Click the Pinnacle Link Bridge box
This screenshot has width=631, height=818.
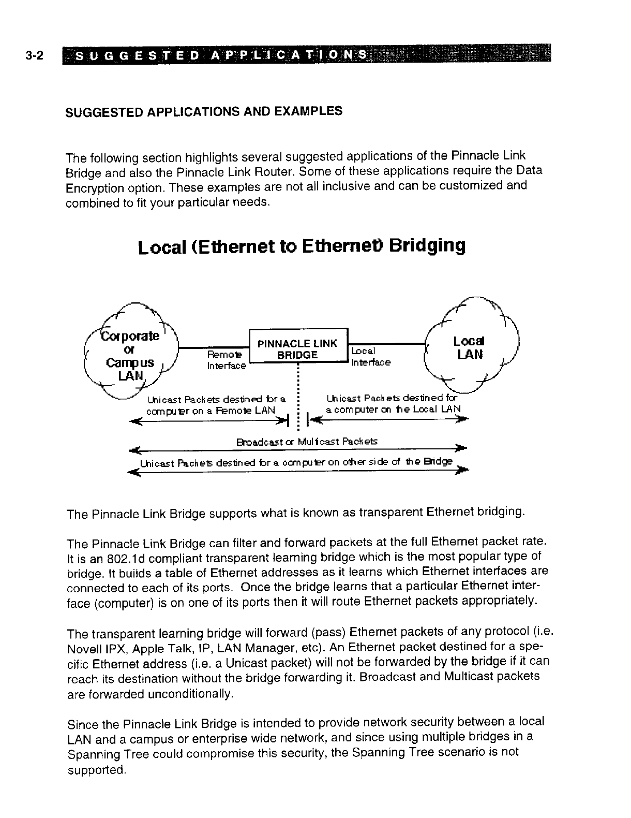click(298, 349)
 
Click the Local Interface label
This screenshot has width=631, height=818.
click(370, 357)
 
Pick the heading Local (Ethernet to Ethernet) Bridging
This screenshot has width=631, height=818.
click(302, 246)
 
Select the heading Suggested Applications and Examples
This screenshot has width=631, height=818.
click(203, 111)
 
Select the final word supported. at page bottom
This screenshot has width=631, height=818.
click(97, 770)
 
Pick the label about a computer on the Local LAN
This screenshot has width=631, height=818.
click(393, 404)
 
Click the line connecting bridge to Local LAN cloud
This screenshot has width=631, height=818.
click(386, 343)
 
